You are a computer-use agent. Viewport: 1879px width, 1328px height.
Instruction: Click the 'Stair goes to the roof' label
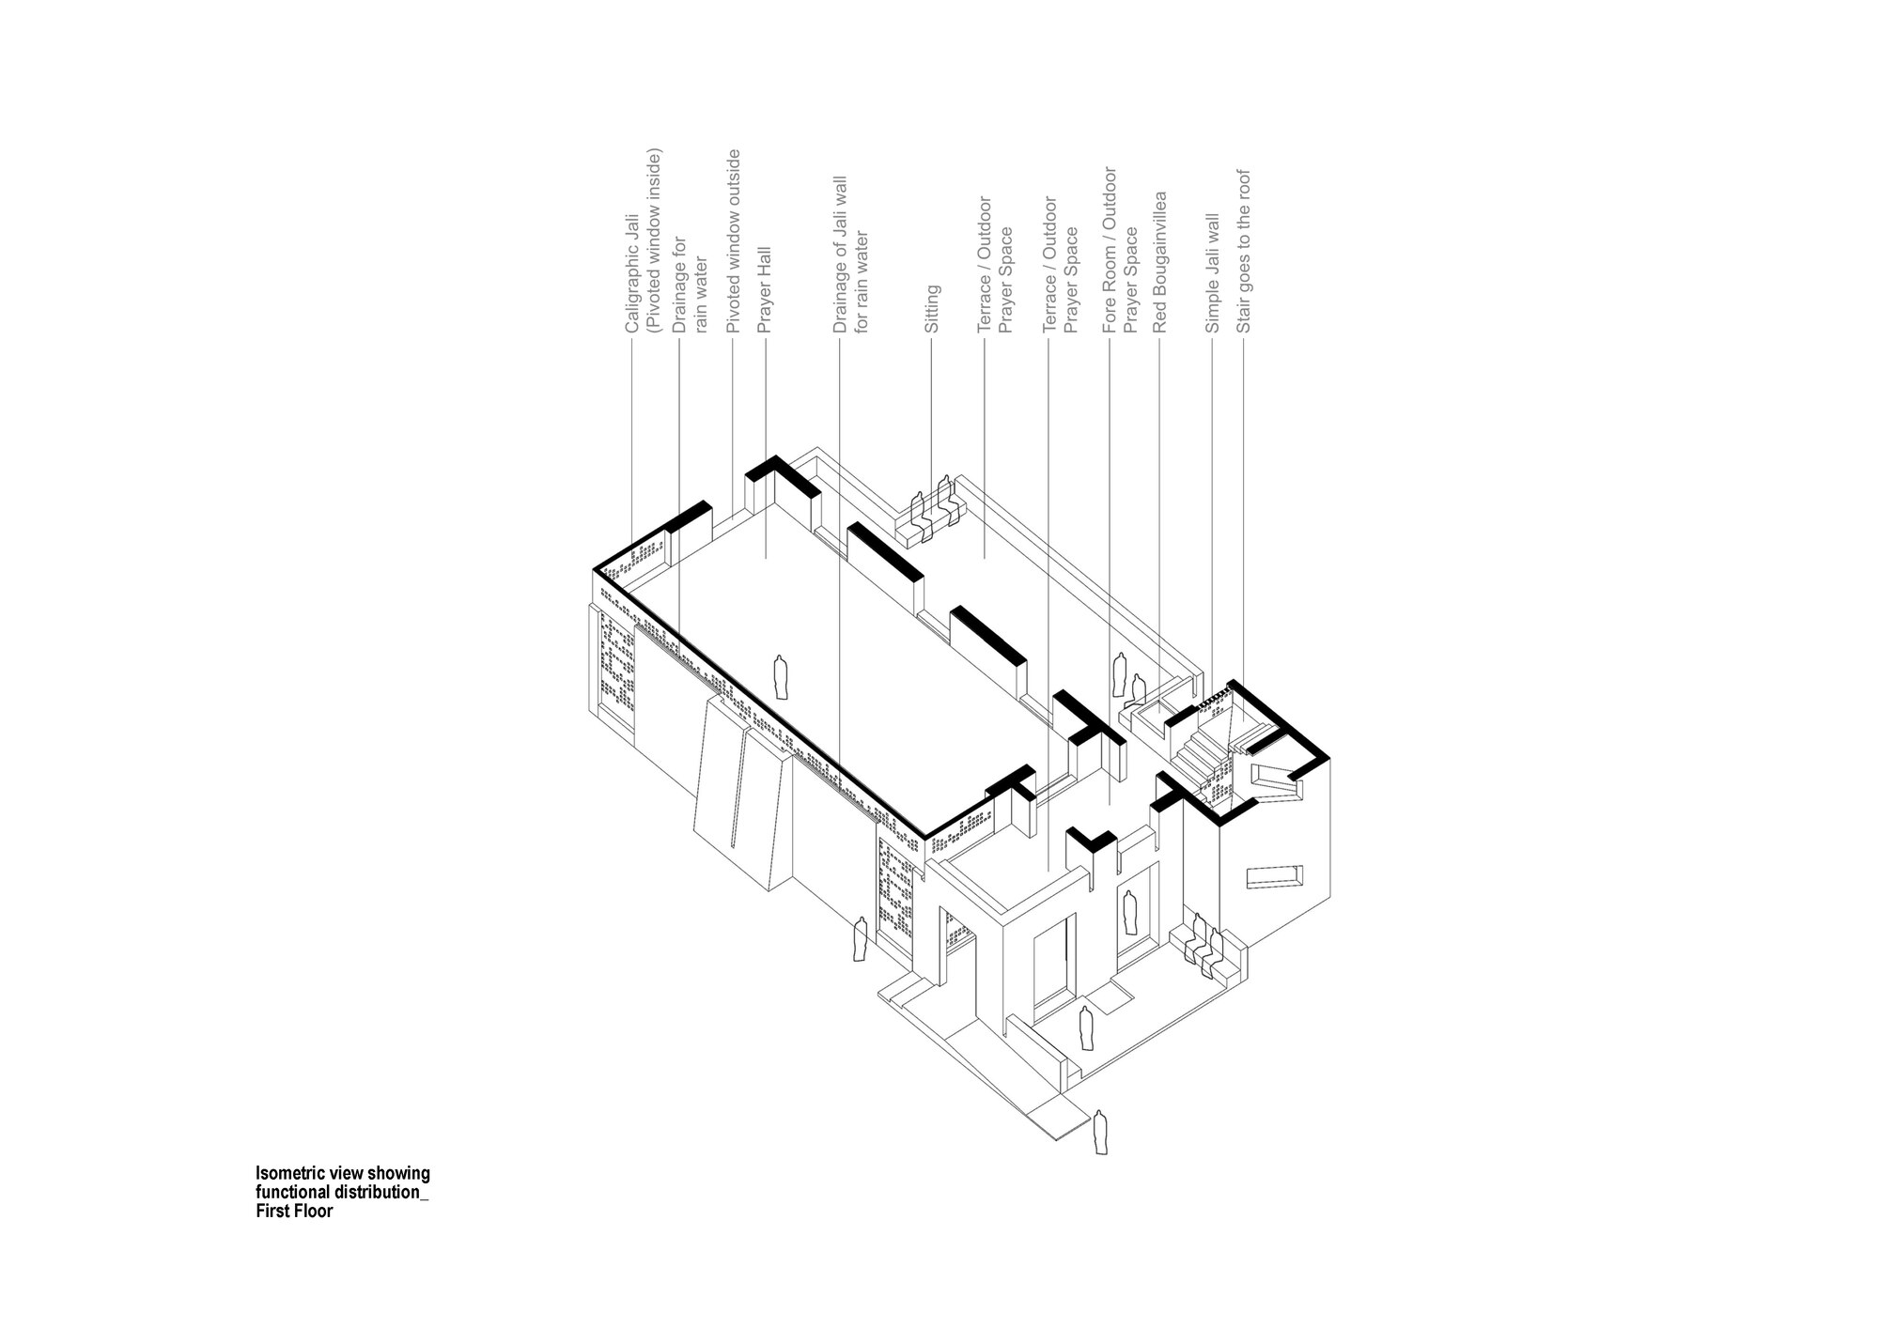1244,252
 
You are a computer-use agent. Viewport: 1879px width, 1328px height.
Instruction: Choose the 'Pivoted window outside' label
735,241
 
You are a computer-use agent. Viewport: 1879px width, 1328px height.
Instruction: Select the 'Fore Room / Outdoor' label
1110,251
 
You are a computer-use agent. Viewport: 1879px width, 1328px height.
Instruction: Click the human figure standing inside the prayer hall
779,677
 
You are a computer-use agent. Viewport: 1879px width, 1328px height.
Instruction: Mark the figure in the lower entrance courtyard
1086,1028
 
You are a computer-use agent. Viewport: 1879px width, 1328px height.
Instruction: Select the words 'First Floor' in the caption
295,1212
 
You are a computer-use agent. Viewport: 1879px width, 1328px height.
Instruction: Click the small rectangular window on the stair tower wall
1273,877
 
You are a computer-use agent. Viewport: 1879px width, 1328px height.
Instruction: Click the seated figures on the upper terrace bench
936,508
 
